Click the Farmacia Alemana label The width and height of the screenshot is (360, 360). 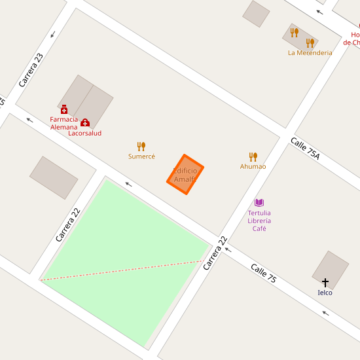(x=64, y=123)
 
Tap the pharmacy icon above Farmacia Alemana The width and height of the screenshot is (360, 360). (x=64, y=109)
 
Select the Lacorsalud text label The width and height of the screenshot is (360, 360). (x=85, y=133)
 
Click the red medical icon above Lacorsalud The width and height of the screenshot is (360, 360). (x=85, y=122)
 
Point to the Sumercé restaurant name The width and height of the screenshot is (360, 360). (x=141, y=156)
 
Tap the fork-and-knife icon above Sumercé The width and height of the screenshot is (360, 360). (x=141, y=147)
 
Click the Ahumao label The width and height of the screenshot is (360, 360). (x=253, y=166)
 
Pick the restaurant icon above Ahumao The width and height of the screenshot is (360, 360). (x=253, y=156)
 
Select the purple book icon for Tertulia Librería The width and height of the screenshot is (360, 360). (x=259, y=203)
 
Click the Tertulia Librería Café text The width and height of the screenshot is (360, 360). (x=259, y=221)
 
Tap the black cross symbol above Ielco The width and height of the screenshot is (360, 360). (x=325, y=282)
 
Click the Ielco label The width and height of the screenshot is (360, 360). (x=325, y=293)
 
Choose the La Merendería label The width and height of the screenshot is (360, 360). (x=310, y=53)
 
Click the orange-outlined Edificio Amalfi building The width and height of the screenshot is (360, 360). (x=185, y=175)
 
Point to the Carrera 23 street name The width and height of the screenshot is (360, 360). (x=31, y=70)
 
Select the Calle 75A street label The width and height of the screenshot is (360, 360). (x=305, y=148)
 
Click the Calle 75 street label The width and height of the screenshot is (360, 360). (x=264, y=273)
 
